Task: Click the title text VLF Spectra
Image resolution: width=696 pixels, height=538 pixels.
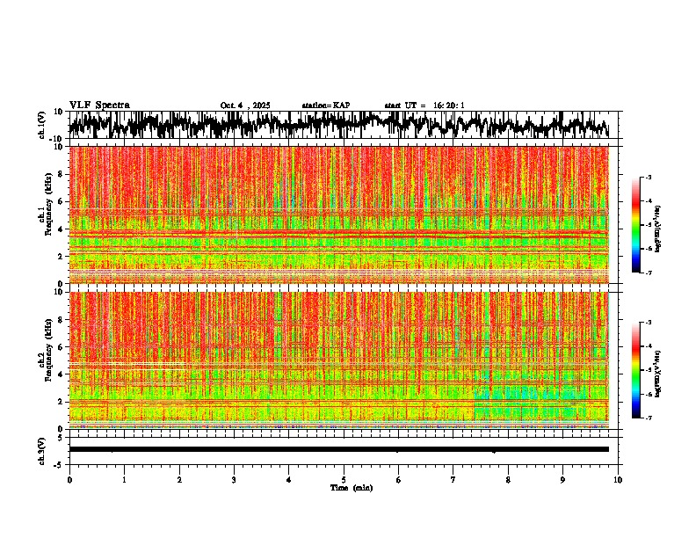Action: tap(99, 105)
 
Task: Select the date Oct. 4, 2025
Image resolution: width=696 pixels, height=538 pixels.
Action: tap(245, 105)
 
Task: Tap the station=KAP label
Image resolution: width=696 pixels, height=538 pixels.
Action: tap(325, 105)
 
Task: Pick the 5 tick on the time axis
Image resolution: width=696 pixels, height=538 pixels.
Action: tap(344, 479)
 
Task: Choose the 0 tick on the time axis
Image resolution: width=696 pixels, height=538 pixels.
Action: tap(69, 479)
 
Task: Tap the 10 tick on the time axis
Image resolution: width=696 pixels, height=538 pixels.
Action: tap(619, 479)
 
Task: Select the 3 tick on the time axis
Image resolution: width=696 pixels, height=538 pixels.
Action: tap(235, 479)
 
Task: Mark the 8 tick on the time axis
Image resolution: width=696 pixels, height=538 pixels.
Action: tap(509, 479)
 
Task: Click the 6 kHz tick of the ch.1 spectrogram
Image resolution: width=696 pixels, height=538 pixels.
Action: tap(61, 201)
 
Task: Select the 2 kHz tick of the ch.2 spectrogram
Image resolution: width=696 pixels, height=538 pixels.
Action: tap(61, 401)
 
